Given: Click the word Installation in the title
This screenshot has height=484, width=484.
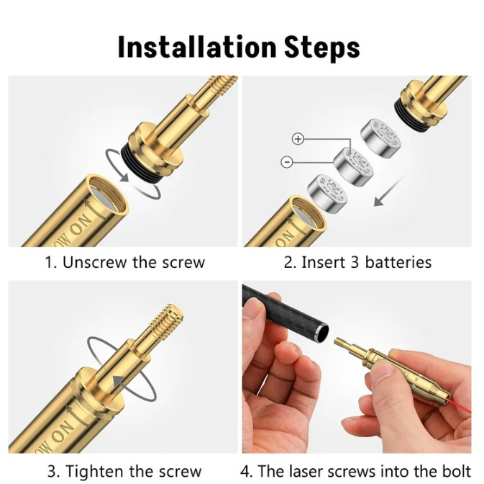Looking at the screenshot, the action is pyautogui.click(x=197, y=47).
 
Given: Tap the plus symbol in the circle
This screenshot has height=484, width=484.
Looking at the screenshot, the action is pyautogui.click(x=298, y=139).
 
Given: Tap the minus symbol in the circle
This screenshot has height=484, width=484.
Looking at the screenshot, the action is pyautogui.click(x=287, y=161).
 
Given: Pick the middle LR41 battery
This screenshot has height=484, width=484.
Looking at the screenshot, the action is pyautogui.click(x=354, y=167).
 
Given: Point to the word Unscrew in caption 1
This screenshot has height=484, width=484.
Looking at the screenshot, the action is pyautogui.click(x=94, y=262).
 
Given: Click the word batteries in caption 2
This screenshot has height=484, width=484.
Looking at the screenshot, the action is pyautogui.click(x=398, y=262).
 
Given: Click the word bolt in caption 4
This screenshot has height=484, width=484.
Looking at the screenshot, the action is pyautogui.click(x=458, y=472).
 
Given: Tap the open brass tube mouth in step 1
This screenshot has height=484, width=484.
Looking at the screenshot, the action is pyautogui.click(x=107, y=194).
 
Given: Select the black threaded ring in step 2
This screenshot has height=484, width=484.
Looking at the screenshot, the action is pyautogui.click(x=412, y=114).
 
